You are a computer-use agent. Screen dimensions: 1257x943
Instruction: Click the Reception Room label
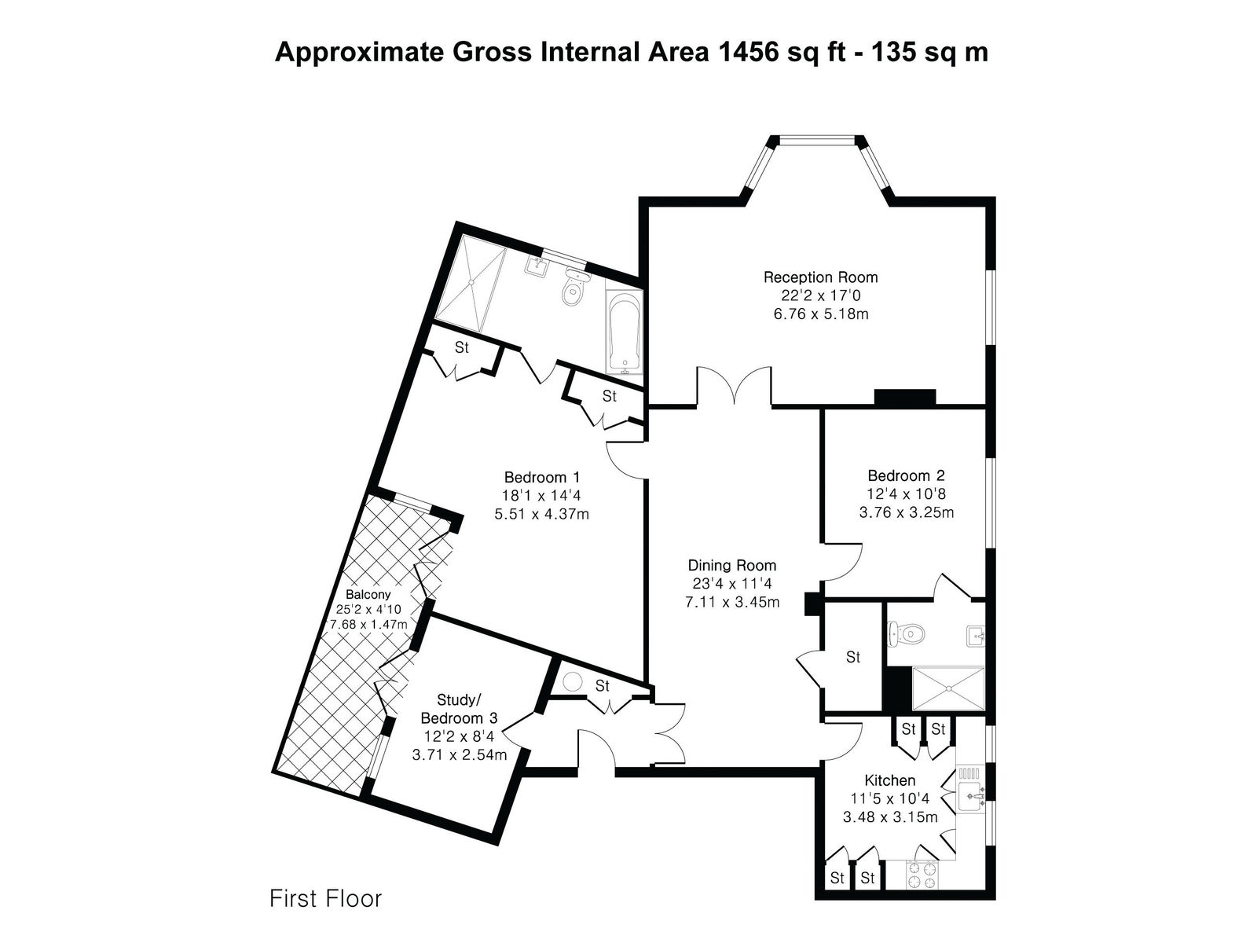(820, 277)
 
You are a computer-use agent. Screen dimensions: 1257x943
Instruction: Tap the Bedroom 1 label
(542, 477)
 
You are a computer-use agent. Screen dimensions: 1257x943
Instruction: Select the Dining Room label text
(732, 566)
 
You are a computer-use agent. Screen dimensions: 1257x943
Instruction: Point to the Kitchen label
(889, 780)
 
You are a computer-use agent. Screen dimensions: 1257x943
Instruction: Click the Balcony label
(368, 594)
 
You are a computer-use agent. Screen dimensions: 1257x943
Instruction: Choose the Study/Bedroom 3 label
(459, 709)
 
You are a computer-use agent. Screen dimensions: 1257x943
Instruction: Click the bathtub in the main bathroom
(625, 330)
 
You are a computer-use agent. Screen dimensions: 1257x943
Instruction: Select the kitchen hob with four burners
(922, 875)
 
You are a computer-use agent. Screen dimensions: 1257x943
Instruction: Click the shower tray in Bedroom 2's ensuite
(948, 689)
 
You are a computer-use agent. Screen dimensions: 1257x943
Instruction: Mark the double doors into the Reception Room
(734, 387)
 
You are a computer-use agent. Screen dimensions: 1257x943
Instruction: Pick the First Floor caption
(325, 899)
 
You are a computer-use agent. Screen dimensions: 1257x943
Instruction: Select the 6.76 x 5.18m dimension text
(821, 314)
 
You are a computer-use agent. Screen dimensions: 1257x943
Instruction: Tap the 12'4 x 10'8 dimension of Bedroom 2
(906, 494)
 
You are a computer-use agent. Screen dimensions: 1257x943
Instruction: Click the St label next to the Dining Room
(852, 657)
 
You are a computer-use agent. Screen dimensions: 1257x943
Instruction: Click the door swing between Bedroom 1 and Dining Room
(627, 460)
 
